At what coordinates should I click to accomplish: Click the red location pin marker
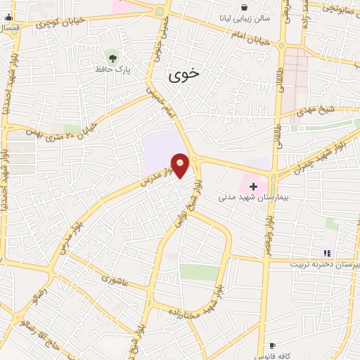coord(181,165)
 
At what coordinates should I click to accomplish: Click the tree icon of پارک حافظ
coord(111,56)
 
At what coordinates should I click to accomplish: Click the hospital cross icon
coord(253,186)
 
